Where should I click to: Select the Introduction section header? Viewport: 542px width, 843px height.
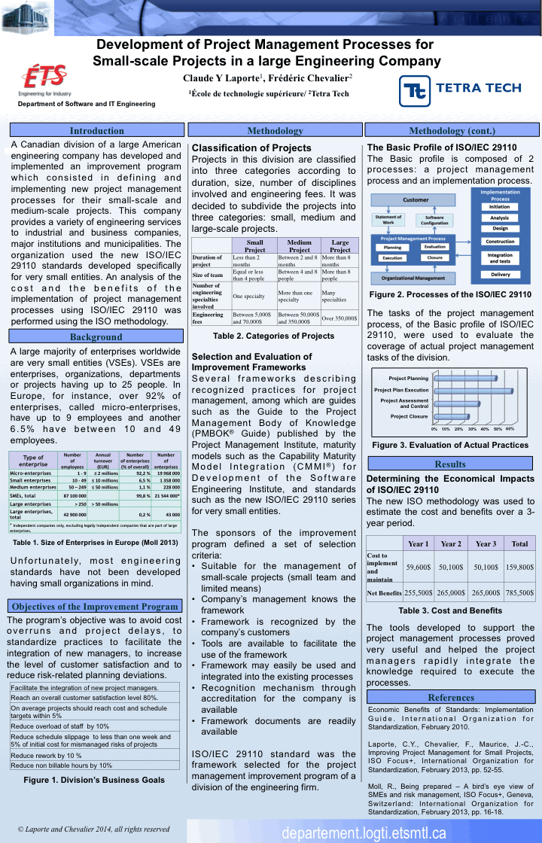(x=96, y=130)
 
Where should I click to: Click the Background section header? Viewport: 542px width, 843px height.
(x=96, y=337)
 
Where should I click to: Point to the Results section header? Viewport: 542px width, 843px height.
(x=450, y=464)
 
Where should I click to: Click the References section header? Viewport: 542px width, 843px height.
(x=450, y=697)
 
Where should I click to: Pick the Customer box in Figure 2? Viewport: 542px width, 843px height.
(x=416, y=200)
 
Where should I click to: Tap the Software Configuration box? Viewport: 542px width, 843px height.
(x=434, y=220)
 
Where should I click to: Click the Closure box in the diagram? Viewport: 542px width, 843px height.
(x=434, y=257)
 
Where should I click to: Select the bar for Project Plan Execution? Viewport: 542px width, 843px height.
(x=463, y=391)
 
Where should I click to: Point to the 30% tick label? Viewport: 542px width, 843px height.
(x=473, y=428)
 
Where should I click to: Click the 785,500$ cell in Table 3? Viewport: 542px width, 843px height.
(x=519, y=592)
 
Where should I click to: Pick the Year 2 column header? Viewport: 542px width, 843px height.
(x=451, y=543)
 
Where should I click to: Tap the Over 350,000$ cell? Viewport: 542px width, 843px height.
(x=340, y=318)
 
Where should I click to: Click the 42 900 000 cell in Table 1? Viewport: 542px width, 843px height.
(x=73, y=514)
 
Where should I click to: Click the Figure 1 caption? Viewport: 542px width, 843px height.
(x=94, y=780)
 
